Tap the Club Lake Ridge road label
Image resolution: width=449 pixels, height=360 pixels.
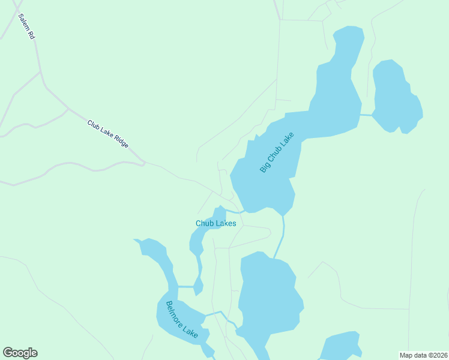(x=108, y=134)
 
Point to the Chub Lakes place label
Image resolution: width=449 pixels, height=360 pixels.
(x=215, y=223)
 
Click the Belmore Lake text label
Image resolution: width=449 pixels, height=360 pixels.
(x=182, y=319)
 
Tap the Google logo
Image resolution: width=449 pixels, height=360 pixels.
(x=20, y=353)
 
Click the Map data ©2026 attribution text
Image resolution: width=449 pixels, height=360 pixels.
(x=423, y=355)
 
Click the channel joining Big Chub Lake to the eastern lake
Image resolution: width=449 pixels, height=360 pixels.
(x=366, y=114)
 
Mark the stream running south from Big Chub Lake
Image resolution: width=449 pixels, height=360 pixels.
(x=281, y=237)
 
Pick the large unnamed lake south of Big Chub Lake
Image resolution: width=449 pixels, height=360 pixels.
(x=268, y=294)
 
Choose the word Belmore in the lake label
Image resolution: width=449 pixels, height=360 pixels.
(x=175, y=313)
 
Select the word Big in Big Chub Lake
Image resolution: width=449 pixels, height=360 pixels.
(x=264, y=168)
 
